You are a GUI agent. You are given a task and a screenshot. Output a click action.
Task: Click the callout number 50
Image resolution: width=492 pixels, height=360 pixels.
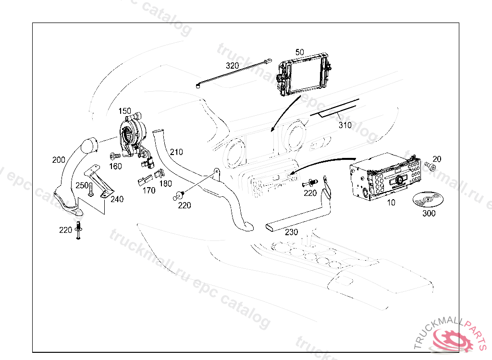click(300, 52)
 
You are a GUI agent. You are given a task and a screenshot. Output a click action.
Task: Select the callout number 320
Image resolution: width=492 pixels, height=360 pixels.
click(232, 66)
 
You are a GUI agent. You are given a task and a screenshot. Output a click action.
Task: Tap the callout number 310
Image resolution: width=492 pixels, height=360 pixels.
click(345, 125)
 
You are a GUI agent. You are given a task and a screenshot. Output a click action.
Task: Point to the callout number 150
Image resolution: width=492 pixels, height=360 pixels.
click(124, 111)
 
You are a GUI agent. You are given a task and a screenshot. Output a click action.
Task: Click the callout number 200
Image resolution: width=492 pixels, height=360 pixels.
click(59, 160)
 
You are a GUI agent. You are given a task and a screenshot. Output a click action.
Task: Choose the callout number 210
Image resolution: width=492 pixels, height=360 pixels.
click(176, 152)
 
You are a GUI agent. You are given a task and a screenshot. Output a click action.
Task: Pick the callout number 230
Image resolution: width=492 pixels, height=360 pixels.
click(291, 232)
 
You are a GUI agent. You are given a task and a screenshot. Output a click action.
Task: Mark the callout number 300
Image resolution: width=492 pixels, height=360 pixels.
click(429, 213)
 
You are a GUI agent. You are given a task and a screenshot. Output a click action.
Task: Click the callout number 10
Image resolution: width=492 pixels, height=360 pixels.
click(391, 203)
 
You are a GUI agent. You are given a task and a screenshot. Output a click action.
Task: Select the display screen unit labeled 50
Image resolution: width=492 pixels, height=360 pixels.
click(304, 74)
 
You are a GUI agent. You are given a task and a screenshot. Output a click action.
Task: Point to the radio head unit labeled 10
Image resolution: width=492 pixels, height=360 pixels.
click(385, 177)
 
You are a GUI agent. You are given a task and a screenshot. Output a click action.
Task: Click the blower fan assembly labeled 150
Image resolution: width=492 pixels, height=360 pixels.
click(134, 135)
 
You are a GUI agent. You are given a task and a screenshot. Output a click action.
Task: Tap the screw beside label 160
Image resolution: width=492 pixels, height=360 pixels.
click(115, 156)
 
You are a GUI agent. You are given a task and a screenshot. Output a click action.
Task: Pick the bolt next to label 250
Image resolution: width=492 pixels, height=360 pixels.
click(91, 190)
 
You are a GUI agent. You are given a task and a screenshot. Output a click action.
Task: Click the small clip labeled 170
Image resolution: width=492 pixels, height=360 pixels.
click(145, 180)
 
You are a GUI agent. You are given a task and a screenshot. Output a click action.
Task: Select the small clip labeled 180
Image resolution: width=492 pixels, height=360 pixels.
click(159, 173)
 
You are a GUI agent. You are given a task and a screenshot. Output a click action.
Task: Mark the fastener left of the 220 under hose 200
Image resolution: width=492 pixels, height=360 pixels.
click(78, 230)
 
